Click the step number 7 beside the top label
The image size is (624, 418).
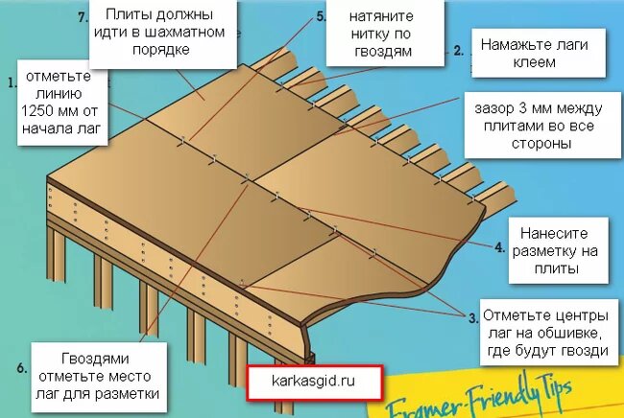(83, 17)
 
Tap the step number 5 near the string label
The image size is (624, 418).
(321, 16)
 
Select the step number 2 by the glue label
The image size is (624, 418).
(459, 51)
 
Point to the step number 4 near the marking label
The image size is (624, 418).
(500, 247)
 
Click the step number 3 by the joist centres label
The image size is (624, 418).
(472, 318)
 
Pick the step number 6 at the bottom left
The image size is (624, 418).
(21, 368)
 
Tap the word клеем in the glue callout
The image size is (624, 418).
(534, 62)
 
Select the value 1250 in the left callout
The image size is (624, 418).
(37, 111)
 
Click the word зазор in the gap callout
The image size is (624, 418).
(493, 108)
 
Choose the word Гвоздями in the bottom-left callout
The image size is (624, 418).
(95, 359)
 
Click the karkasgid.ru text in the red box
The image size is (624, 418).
(313, 381)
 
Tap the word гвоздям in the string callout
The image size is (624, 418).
(383, 51)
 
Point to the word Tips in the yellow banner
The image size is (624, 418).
(554, 390)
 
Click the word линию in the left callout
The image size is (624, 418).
(59, 93)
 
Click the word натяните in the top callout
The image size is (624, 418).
(381, 16)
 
